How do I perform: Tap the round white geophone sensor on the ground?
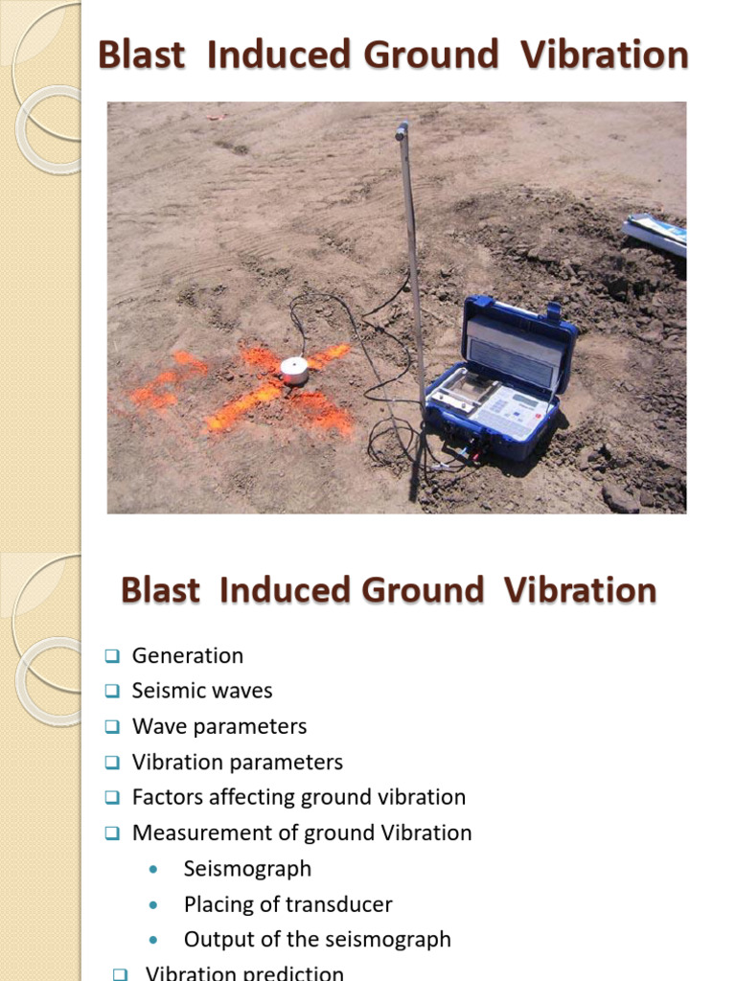[294, 370]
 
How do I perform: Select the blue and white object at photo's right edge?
[655, 233]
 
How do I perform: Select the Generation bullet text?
[188, 656]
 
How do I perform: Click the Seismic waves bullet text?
[202, 692]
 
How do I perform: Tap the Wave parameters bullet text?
[219, 727]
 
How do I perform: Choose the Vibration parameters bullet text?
[238, 763]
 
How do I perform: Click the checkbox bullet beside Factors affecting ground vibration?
[112, 798]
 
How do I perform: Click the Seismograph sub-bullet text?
[247, 869]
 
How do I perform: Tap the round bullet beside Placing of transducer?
[154, 905]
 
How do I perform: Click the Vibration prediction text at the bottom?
[244, 972]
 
